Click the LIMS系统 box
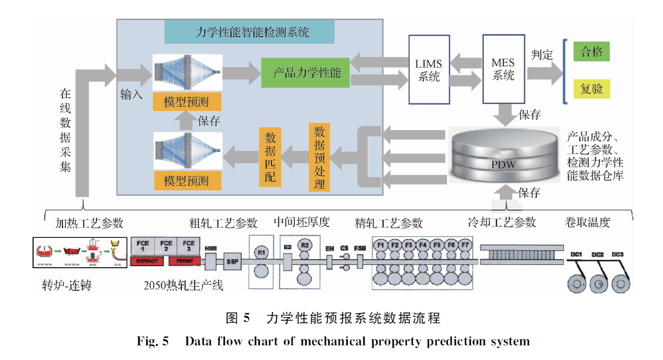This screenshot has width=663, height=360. [x=429, y=69]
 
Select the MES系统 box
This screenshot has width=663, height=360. [x=503, y=69]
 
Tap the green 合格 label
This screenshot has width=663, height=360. [x=591, y=52]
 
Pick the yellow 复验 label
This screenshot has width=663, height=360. [x=591, y=89]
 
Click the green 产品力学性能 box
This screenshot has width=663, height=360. [x=306, y=73]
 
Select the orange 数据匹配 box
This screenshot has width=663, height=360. [x=270, y=157]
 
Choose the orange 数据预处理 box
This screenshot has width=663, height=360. [x=319, y=157]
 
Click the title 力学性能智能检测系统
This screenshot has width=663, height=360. [x=249, y=33]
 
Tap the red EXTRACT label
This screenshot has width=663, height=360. [x=147, y=261]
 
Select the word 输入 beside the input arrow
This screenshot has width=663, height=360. [x=131, y=95]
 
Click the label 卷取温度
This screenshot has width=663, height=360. [x=587, y=222]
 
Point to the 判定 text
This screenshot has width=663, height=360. [x=542, y=54]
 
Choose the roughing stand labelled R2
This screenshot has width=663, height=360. [x=305, y=245]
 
